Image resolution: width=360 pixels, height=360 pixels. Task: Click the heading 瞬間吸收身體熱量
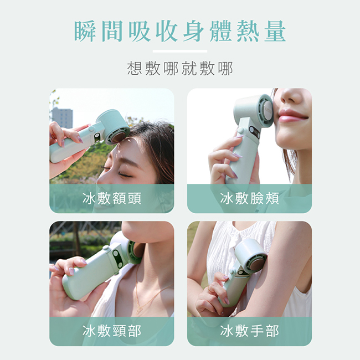pyautogui.click(x=180, y=31)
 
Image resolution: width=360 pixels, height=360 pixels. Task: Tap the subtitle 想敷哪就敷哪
pyautogui.click(x=180, y=68)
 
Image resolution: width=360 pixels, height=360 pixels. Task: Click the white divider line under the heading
pyautogui.click(x=180, y=51)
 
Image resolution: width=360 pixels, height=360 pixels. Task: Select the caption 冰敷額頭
pyautogui.click(x=112, y=198)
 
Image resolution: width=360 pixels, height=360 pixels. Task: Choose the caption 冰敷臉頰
pyautogui.click(x=249, y=198)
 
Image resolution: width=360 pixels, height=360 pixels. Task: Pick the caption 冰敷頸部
pyautogui.click(x=112, y=331)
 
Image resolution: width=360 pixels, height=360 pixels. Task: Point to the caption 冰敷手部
pyautogui.click(x=249, y=331)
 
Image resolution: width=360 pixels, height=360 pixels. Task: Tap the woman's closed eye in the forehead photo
pyautogui.click(x=125, y=175)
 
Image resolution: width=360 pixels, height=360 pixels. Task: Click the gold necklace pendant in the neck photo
pyautogui.click(x=139, y=311)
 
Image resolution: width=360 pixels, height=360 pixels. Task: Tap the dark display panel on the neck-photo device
pyautogui.click(x=117, y=259)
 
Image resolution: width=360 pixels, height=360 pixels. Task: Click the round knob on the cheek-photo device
pyautogui.click(x=240, y=131)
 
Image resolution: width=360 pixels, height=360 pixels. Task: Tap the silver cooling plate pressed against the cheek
pyautogui.click(x=268, y=111)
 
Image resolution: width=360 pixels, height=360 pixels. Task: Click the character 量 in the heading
pyautogui.click(x=275, y=31)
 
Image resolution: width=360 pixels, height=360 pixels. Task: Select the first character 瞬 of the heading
pyautogui.click(x=85, y=31)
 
